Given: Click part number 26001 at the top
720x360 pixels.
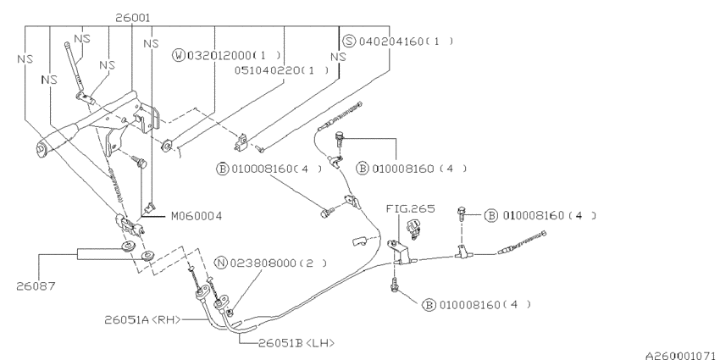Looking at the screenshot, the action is pos(132,18).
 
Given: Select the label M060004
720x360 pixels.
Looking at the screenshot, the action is pos(197,216).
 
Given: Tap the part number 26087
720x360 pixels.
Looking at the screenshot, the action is pos(36,286).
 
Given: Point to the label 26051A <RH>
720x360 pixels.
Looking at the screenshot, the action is pos(142,319).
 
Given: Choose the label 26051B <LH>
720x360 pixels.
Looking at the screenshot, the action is pos(296,342).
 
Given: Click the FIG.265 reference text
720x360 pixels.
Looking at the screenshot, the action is pos(410,209).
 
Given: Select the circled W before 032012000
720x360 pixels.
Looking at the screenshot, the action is pos(179,56).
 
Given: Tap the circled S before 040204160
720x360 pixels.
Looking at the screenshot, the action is pos(350,41).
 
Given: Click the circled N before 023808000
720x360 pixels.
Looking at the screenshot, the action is pos(221,263).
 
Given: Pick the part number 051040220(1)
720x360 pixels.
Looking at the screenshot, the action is pos(281,70).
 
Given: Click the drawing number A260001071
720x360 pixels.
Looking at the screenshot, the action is pos(683,355).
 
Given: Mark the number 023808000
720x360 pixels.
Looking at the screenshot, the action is pos(263,263).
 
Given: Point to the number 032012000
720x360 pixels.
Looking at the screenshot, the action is pos(220,56).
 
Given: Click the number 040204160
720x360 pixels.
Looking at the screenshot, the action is pos(390,41).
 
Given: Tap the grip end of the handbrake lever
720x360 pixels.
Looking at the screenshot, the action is pos(42,148).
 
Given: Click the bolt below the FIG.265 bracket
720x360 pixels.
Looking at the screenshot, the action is pos(394,285).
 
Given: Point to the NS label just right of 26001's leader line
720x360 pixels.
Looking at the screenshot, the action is pos(151,43).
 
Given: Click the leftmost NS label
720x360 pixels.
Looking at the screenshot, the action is pos(25,58).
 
